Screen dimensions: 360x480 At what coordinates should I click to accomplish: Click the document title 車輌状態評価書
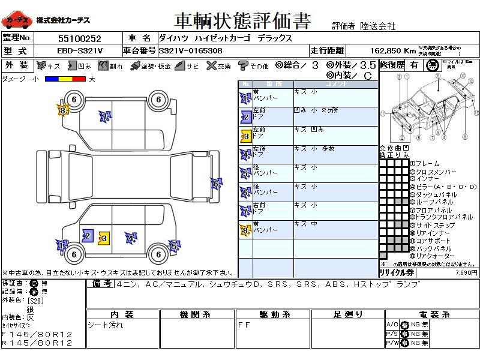pos(242,22)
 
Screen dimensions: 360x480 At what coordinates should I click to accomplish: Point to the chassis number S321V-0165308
pos(190,51)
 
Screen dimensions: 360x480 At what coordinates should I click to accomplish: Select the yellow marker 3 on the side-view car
pos(103,238)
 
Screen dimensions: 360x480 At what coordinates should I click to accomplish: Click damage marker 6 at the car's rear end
pos(215,183)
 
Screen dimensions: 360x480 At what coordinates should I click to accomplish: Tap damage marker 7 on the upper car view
pos(104,117)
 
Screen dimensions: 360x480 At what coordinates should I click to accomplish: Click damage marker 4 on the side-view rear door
pos(130,238)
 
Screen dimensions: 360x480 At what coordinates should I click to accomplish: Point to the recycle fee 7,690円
pos(465,272)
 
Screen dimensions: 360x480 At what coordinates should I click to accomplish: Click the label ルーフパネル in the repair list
pos(431,202)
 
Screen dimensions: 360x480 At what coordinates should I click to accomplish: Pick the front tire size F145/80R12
pos(37,334)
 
